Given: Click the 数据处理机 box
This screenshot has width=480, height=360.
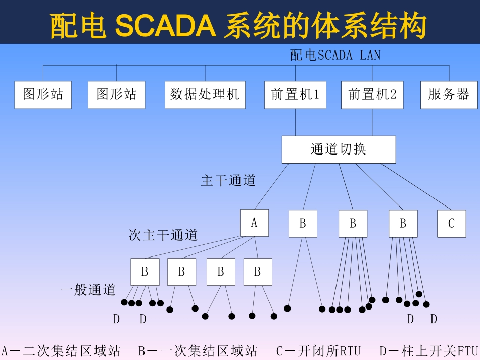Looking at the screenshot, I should click(x=205, y=95).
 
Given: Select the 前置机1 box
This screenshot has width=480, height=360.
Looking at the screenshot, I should click(x=295, y=95).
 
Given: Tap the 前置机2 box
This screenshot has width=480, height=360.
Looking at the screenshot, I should click(x=372, y=95).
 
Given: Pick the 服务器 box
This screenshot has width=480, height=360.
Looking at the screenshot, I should click(x=449, y=95).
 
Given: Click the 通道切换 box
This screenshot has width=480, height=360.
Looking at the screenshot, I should click(x=338, y=149).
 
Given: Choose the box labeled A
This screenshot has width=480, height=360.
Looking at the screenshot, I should click(x=254, y=223).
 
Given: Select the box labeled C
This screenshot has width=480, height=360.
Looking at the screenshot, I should click(x=451, y=223).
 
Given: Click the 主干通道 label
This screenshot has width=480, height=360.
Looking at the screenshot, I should click(x=228, y=180).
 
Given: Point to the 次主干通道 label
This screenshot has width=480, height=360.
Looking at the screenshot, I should click(x=163, y=235).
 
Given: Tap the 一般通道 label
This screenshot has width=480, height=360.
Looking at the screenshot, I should click(x=88, y=290).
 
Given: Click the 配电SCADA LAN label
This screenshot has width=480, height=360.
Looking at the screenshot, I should click(x=335, y=55).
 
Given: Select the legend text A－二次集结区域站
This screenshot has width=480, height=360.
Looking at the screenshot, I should click(x=61, y=351).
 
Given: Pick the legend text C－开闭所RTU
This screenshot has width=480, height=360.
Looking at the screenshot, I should click(x=318, y=351).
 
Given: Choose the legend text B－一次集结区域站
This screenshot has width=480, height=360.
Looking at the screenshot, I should click(x=198, y=351).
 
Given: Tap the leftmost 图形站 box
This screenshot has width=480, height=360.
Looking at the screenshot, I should click(x=43, y=95).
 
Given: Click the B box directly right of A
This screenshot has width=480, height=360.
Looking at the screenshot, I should click(x=303, y=223).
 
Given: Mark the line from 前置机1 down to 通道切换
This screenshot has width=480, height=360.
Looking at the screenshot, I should click(x=295, y=122).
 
